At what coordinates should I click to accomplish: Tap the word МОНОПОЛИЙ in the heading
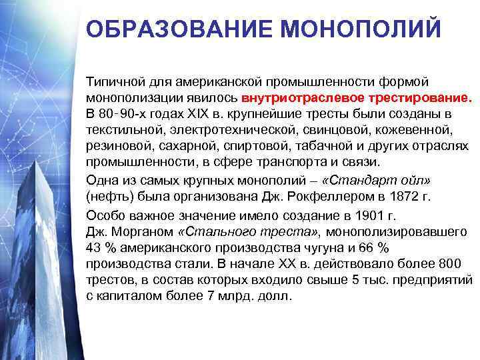pyautogui.click(x=361, y=29)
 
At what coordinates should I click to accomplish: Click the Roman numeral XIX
pyautogui.click(x=201, y=113)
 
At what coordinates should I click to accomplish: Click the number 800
pyautogui.click(x=460, y=263)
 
